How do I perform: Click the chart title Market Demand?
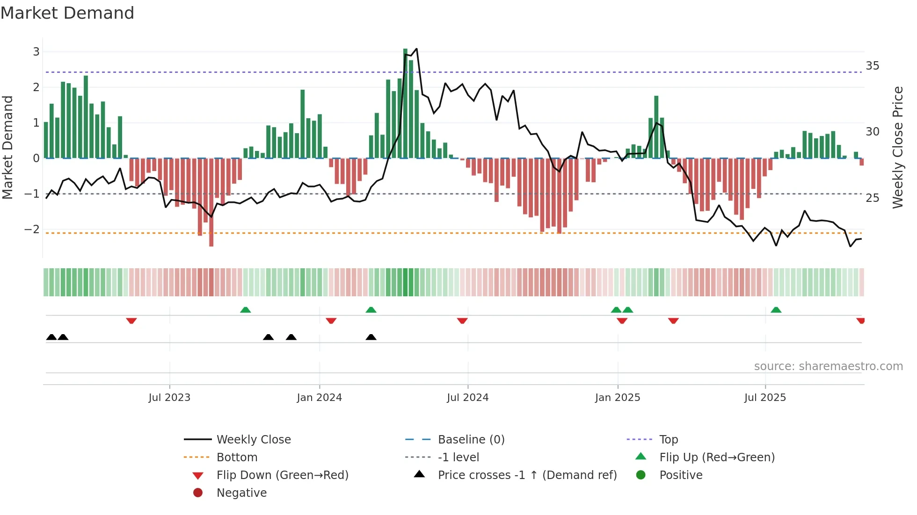pyautogui.click(x=67, y=13)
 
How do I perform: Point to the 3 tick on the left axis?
pyautogui.click(x=36, y=52)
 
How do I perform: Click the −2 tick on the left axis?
pyautogui.click(x=32, y=229)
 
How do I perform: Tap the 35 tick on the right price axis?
pyautogui.click(x=872, y=66)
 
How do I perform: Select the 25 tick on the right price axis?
pyautogui.click(x=872, y=198)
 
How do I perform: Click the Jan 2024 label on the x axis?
pyautogui.click(x=319, y=398)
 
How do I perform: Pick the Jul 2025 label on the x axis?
pyautogui.click(x=765, y=398)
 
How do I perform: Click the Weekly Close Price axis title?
pyautogui.click(x=897, y=147)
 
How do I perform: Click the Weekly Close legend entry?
pyautogui.click(x=253, y=440)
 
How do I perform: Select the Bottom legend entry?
pyautogui.click(x=237, y=458)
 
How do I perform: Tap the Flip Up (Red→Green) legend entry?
pyautogui.click(x=717, y=458)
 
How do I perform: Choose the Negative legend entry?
pyautogui.click(x=241, y=493)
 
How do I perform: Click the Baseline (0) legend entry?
pyautogui.click(x=471, y=440)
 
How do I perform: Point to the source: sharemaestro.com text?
pyautogui.click(x=828, y=366)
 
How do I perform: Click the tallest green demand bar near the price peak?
pyautogui.click(x=405, y=103)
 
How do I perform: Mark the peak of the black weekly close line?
pyautogui.click(x=416, y=49)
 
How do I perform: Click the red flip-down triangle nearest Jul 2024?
pyautogui.click(x=462, y=321)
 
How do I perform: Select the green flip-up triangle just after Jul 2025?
pyautogui.click(x=776, y=310)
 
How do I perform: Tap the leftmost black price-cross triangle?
pyautogui.click(x=51, y=337)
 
